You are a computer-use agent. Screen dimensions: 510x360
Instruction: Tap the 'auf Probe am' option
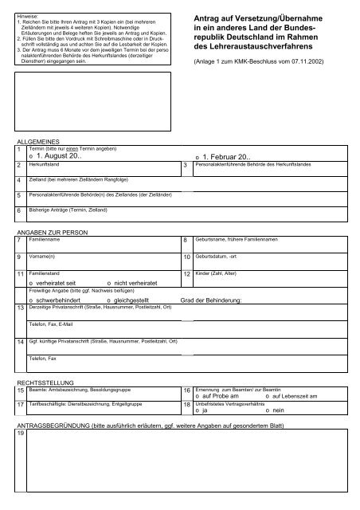click(216, 395)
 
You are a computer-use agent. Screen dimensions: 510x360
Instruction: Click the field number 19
click(20, 443)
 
